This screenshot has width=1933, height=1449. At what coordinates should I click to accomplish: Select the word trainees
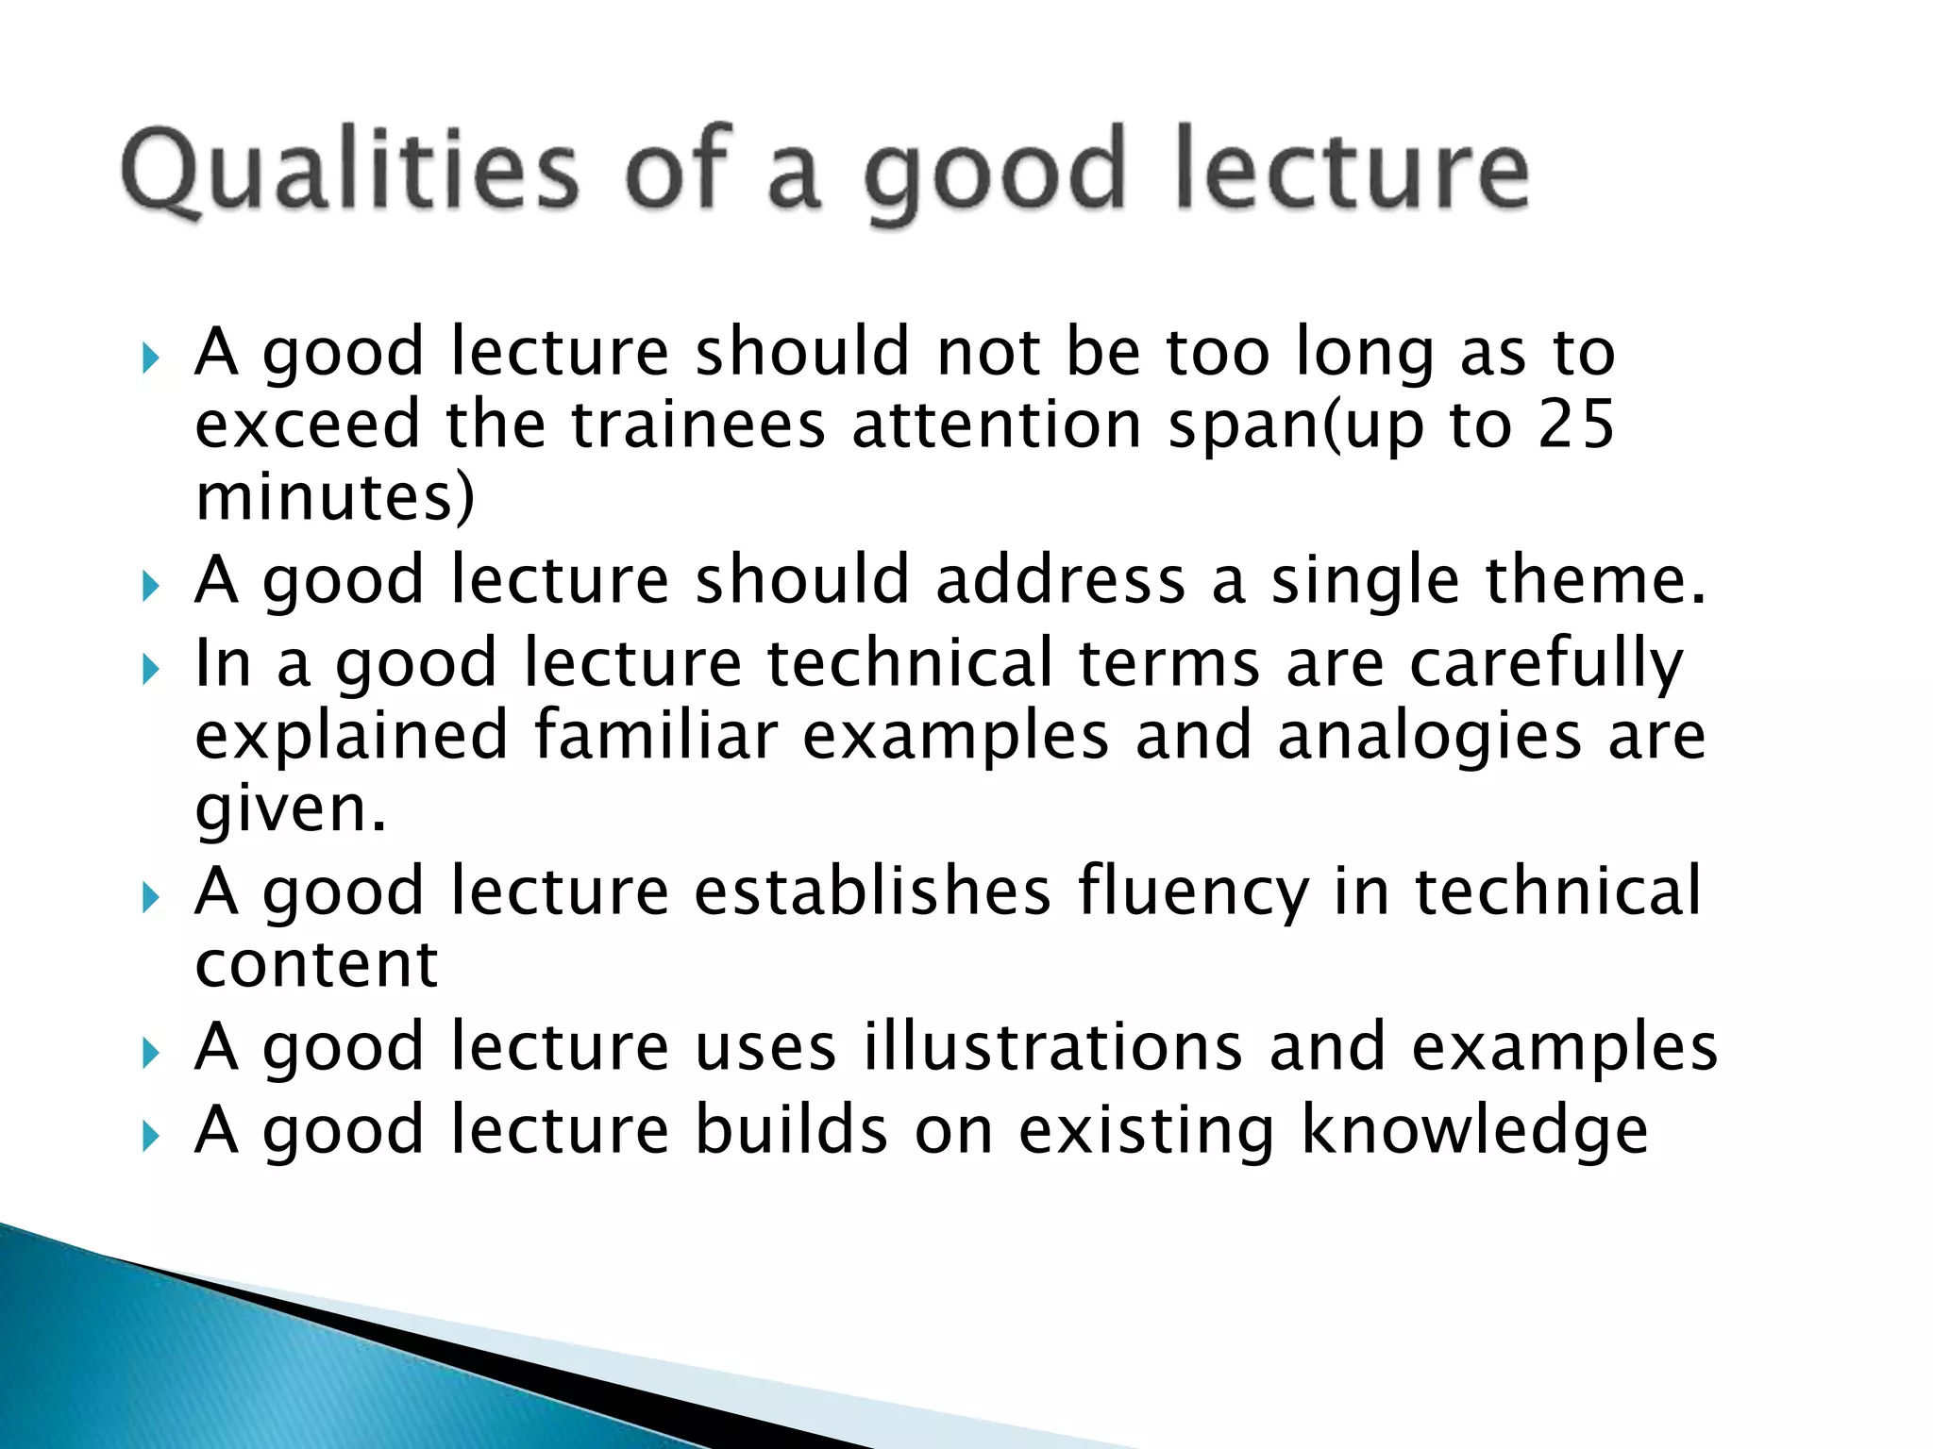(698, 425)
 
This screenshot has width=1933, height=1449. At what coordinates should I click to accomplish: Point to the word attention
(998, 425)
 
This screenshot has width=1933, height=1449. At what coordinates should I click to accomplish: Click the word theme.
(1596, 581)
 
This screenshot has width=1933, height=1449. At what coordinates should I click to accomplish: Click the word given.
(291, 810)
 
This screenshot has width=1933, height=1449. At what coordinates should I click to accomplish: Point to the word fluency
(1193, 892)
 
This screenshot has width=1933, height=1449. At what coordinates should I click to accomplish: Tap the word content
(316, 965)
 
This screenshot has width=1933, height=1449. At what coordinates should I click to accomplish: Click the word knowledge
(1474, 1131)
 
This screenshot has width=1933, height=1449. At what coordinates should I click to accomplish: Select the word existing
(1147, 1131)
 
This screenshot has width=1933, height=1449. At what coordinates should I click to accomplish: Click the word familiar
(656, 737)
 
